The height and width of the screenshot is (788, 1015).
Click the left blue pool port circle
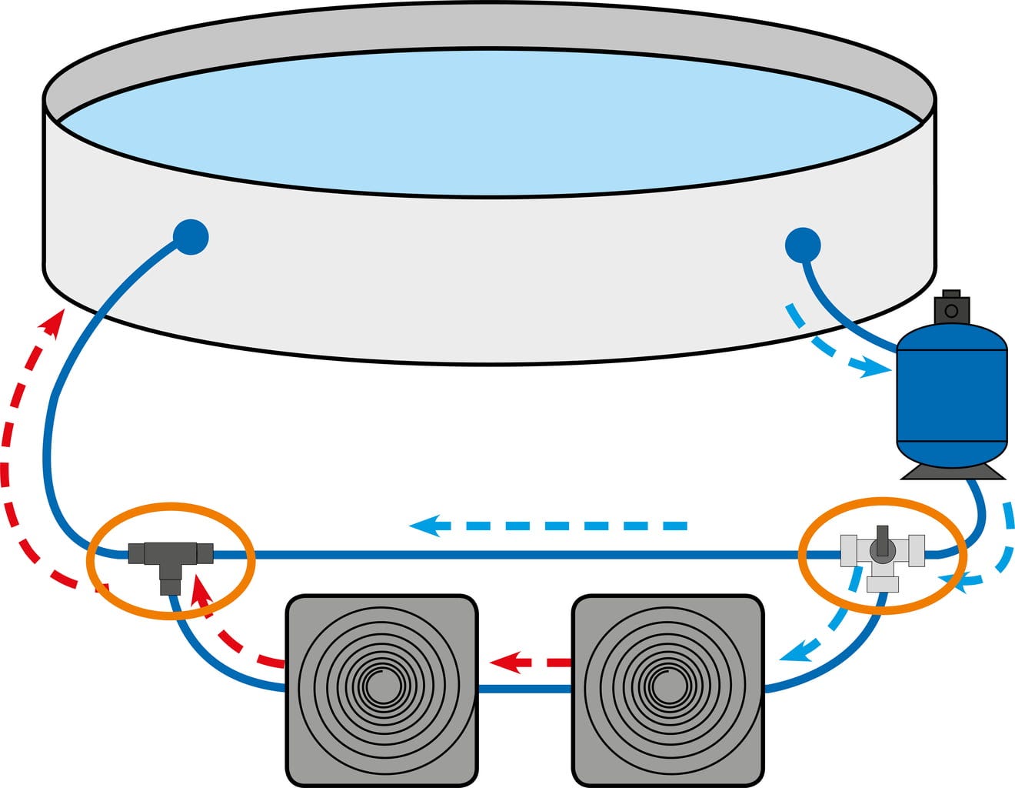tap(190, 238)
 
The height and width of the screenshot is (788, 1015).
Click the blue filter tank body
tap(952, 400)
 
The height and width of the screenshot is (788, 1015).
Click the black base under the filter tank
tap(953, 470)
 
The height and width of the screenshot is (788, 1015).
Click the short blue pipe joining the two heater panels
tap(524, 689)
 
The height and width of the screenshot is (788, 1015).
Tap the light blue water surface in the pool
tap(492, 123)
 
